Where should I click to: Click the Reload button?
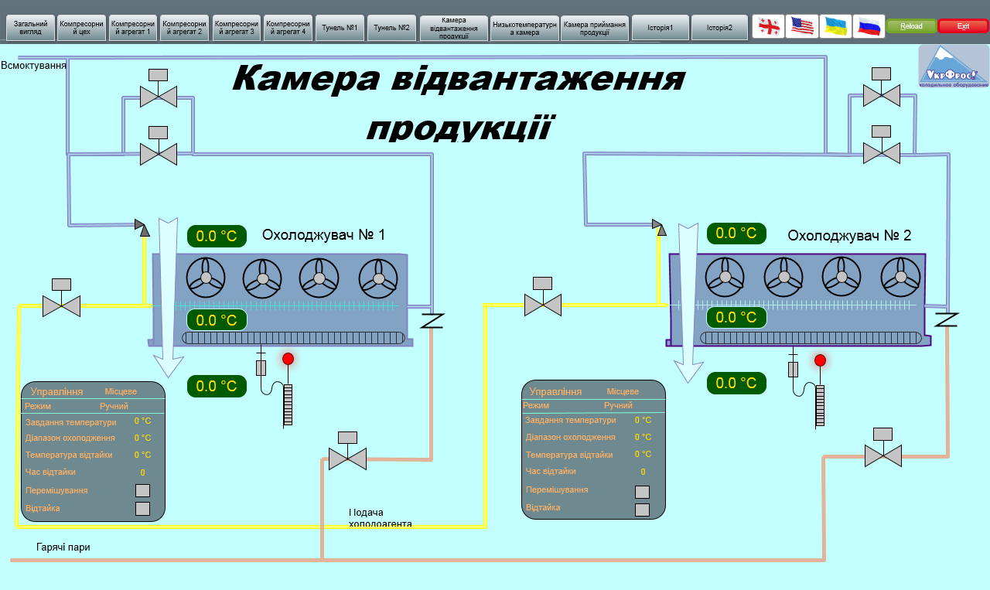tap(911, 26)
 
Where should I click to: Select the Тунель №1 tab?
tap(340, 28)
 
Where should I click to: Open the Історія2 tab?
tap(719, 28)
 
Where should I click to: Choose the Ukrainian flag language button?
tap(835, 26)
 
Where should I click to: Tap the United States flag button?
tap(802, 26)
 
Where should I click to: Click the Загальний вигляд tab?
tap(31, 28)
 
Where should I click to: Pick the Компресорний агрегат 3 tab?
tap(237, 28)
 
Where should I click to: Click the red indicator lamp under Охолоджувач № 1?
tap(288, 359)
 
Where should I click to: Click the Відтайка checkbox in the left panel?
tap(142, 509)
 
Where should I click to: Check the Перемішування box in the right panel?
tap(642, 492)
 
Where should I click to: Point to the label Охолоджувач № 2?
tap(849, 236)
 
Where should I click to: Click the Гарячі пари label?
tap(63, 547)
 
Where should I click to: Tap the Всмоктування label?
tap(33, 66)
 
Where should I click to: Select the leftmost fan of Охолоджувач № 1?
tap(206, 277)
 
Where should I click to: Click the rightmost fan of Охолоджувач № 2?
tap(900, 276)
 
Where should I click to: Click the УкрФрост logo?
tap(954, 66)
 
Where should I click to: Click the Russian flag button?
tap(869, 26)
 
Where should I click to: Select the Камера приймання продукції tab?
tap(595, 28)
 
